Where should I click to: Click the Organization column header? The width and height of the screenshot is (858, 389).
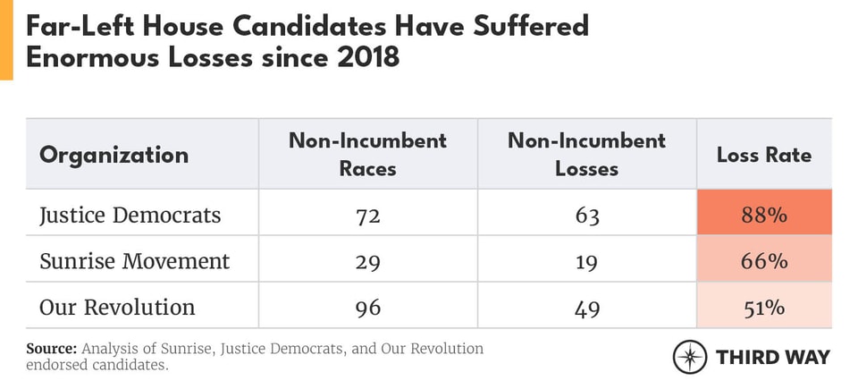point(114,155)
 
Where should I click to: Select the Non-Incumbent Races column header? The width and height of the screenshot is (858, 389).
point(367,154)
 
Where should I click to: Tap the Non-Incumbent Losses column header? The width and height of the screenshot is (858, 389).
point(586,154)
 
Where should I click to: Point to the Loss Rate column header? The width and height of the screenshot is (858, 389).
point(764,155)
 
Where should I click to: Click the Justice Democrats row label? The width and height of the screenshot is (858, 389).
point(130,215)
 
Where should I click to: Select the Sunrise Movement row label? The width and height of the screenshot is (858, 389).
point(134,261)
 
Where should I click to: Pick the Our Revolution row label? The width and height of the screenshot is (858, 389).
point(117,308)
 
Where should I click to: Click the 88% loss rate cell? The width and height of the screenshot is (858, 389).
point(764,215)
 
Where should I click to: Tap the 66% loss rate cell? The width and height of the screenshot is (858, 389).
point(764,261)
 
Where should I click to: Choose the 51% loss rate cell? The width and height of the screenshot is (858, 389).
point(764,308)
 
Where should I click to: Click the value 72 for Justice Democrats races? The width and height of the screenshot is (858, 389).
point(367,215)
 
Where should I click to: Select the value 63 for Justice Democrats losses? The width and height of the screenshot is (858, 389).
point(586,215)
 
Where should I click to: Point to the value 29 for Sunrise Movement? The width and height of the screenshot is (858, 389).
point(367,261)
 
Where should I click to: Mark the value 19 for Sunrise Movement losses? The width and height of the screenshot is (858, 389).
point(586,261)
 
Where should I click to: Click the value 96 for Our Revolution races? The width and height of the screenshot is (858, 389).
point(367,308)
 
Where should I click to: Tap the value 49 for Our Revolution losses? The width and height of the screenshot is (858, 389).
point(586,308)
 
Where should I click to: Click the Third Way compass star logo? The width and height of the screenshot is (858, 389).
point(689,357)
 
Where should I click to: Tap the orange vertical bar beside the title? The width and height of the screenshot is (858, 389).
point(6,40)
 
